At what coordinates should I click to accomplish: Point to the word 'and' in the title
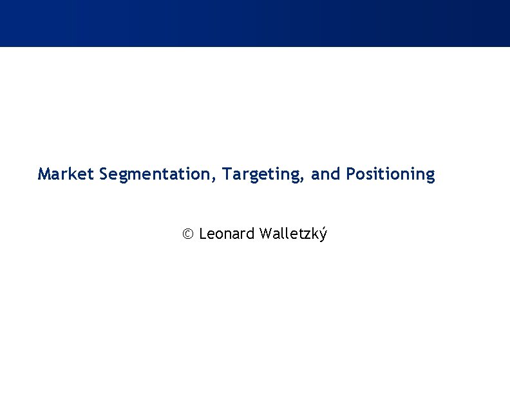click(326, 174)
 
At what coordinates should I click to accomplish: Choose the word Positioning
click(390, 174)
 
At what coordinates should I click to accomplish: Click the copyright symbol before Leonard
click(187, 234)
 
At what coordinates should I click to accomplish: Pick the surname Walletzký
click(293, 234)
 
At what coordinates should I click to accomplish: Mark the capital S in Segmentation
click(104, 174)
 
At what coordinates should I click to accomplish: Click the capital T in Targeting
click(227, 174)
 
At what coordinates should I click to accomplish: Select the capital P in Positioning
click(350, 174)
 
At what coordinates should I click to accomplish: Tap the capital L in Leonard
click(203, 234)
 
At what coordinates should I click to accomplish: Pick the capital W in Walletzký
click(266, 234)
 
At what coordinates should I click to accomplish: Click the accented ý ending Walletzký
click(323, 234)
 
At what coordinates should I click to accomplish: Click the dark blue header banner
click(255, 23)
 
